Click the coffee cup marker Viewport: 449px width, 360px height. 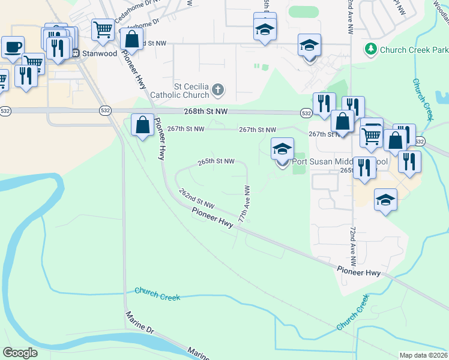coord(13,46)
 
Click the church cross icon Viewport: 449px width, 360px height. coord(218,91)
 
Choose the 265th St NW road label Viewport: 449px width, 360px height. coord(216,161)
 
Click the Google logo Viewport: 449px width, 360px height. coord(20,353)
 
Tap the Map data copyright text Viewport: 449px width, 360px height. coord(423,355)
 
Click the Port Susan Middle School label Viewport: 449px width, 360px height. coord(339,161)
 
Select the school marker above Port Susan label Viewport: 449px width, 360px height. coord(282,148)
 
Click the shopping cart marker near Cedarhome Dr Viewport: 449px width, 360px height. coord(103,28)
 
